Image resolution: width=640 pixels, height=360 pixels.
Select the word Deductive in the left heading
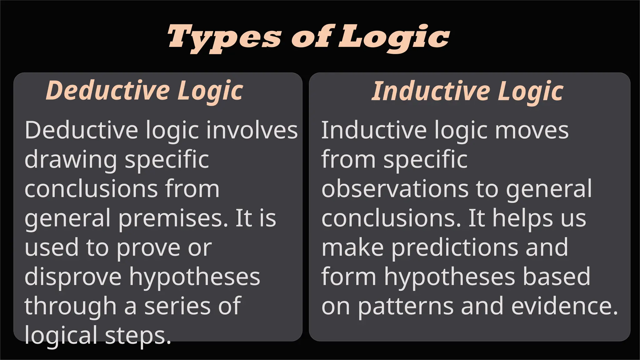click(x=108, y=91)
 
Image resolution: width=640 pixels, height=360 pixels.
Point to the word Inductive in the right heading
click(x=431, y=91)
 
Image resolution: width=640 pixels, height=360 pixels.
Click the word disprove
click(x=73, y=277)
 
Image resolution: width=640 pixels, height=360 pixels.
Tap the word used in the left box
click(x=52, y=247)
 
